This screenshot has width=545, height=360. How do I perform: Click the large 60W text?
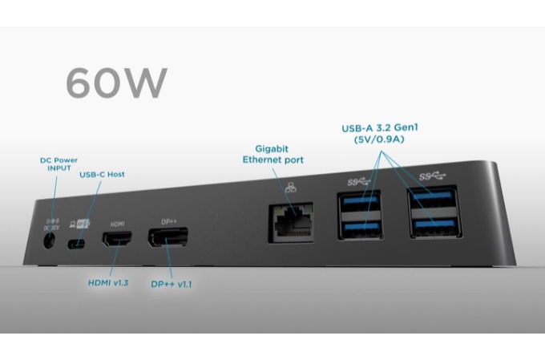click(x=116, y=82)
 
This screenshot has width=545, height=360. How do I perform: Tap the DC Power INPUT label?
click(x=59, y=164)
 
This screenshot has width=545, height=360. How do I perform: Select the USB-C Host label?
click(x=102, y=174)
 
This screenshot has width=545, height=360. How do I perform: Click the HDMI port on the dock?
click(x=117, y=239)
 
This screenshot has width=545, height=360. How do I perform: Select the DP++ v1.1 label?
click(x=170, y=283)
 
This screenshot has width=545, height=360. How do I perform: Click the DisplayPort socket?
click(x=167, y=237)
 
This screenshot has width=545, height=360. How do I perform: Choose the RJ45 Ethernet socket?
click(x=290, y=220)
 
